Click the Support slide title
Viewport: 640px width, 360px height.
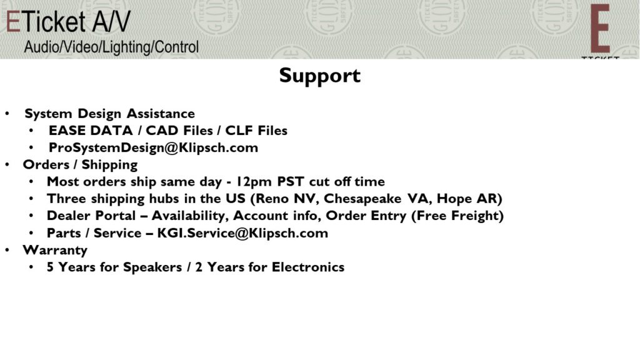(319, 76)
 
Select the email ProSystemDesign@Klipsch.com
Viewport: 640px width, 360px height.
(153, 147)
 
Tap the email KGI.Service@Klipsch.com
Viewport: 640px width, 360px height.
(242, 232)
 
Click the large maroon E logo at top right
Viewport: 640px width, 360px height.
(599, 29)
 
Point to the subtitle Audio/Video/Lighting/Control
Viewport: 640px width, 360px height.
(111, 47)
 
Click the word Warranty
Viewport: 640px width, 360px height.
(55, 250)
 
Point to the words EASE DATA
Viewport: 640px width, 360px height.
(91, 131)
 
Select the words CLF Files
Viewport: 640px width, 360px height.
(256, 131)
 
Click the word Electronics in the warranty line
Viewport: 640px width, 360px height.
(308, 267)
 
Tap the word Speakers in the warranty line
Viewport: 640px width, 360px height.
(152, 267)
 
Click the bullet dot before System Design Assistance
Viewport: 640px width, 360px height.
(7, 114)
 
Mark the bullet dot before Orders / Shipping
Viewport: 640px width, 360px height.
(7, 164)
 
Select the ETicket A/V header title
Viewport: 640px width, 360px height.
(67, 21)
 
